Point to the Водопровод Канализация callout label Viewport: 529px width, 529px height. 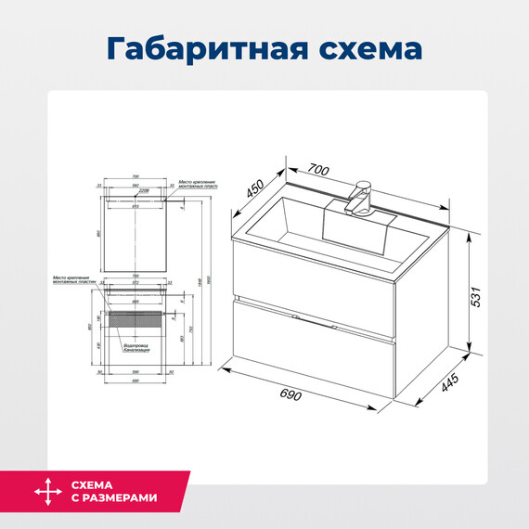coord(135,349)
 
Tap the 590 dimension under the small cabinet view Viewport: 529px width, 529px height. coord(135,370)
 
